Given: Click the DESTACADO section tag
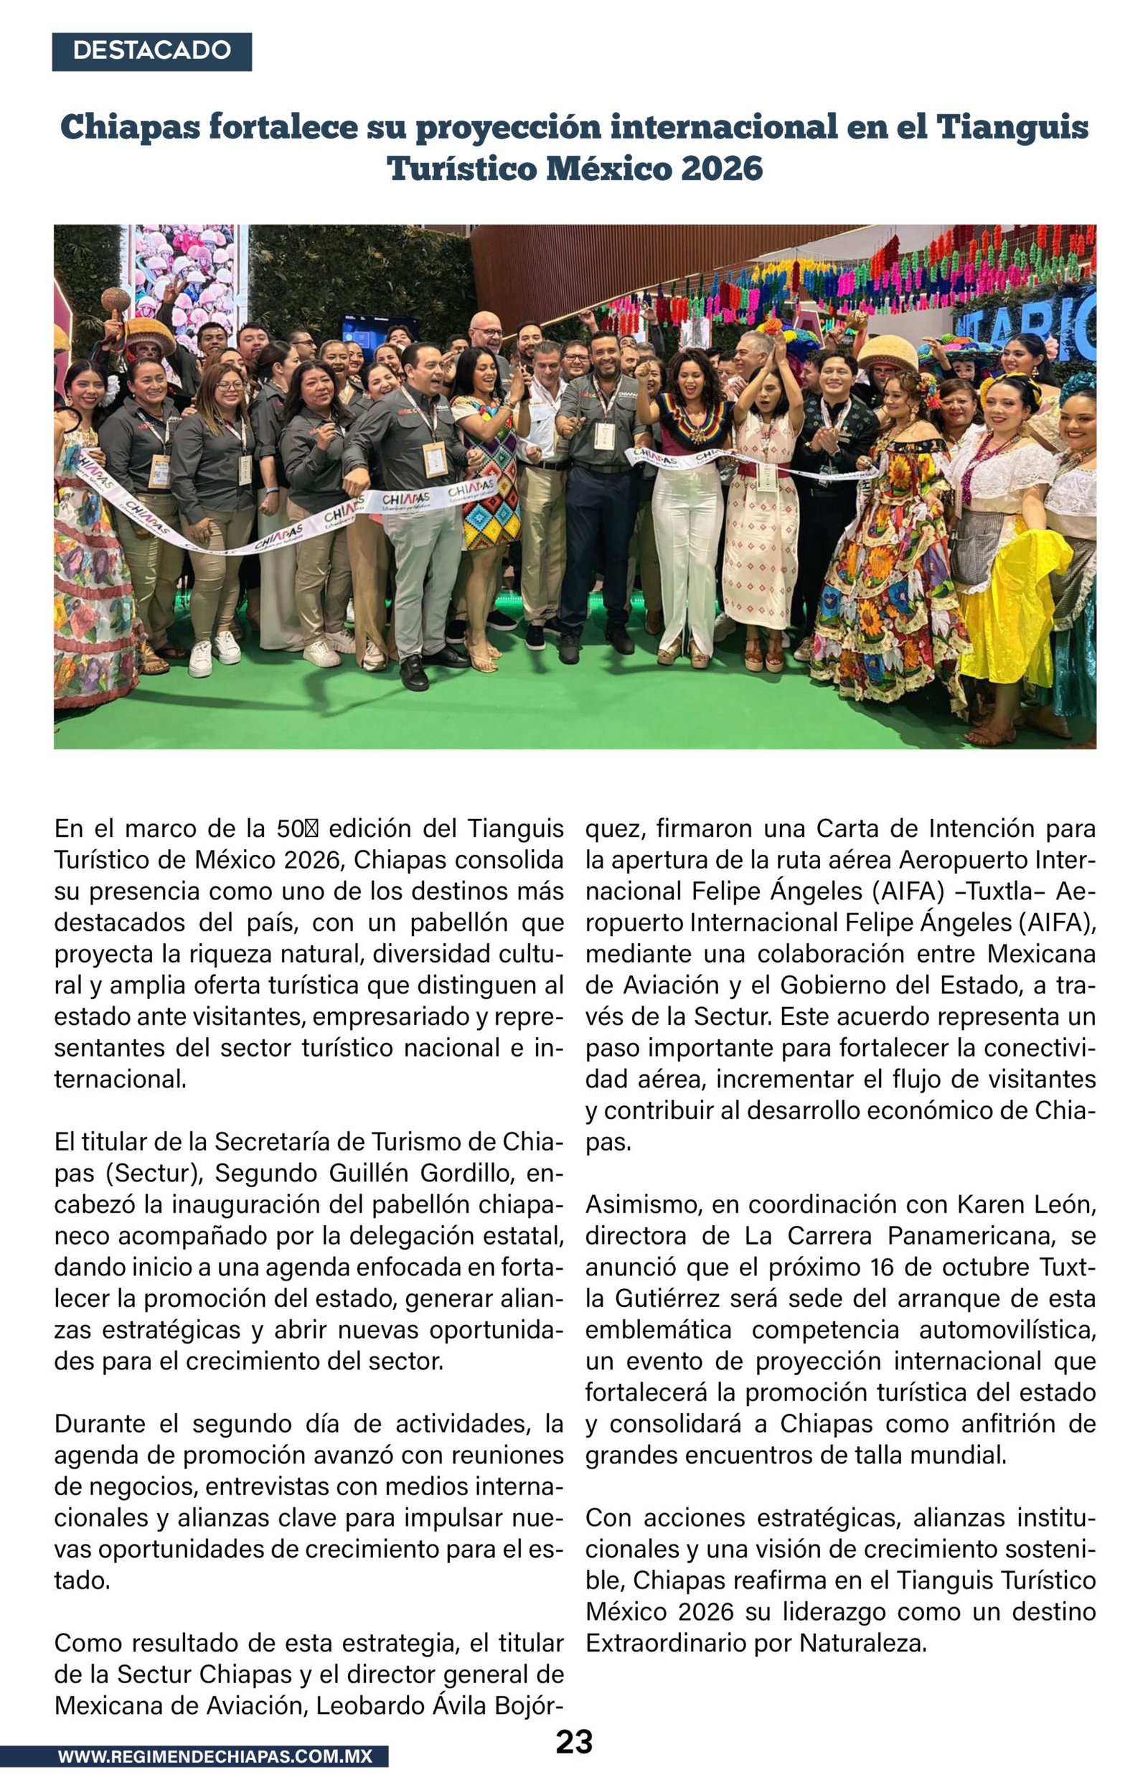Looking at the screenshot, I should pos(151,51).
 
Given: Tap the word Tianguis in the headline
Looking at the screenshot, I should pos(1012,127).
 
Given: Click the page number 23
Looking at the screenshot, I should pos(574,1741).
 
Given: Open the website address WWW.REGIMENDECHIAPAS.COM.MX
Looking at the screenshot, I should pos(215,1756).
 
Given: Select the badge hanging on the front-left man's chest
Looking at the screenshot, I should pos(435,459).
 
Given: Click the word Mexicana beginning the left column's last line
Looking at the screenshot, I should pos(100,1705).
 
